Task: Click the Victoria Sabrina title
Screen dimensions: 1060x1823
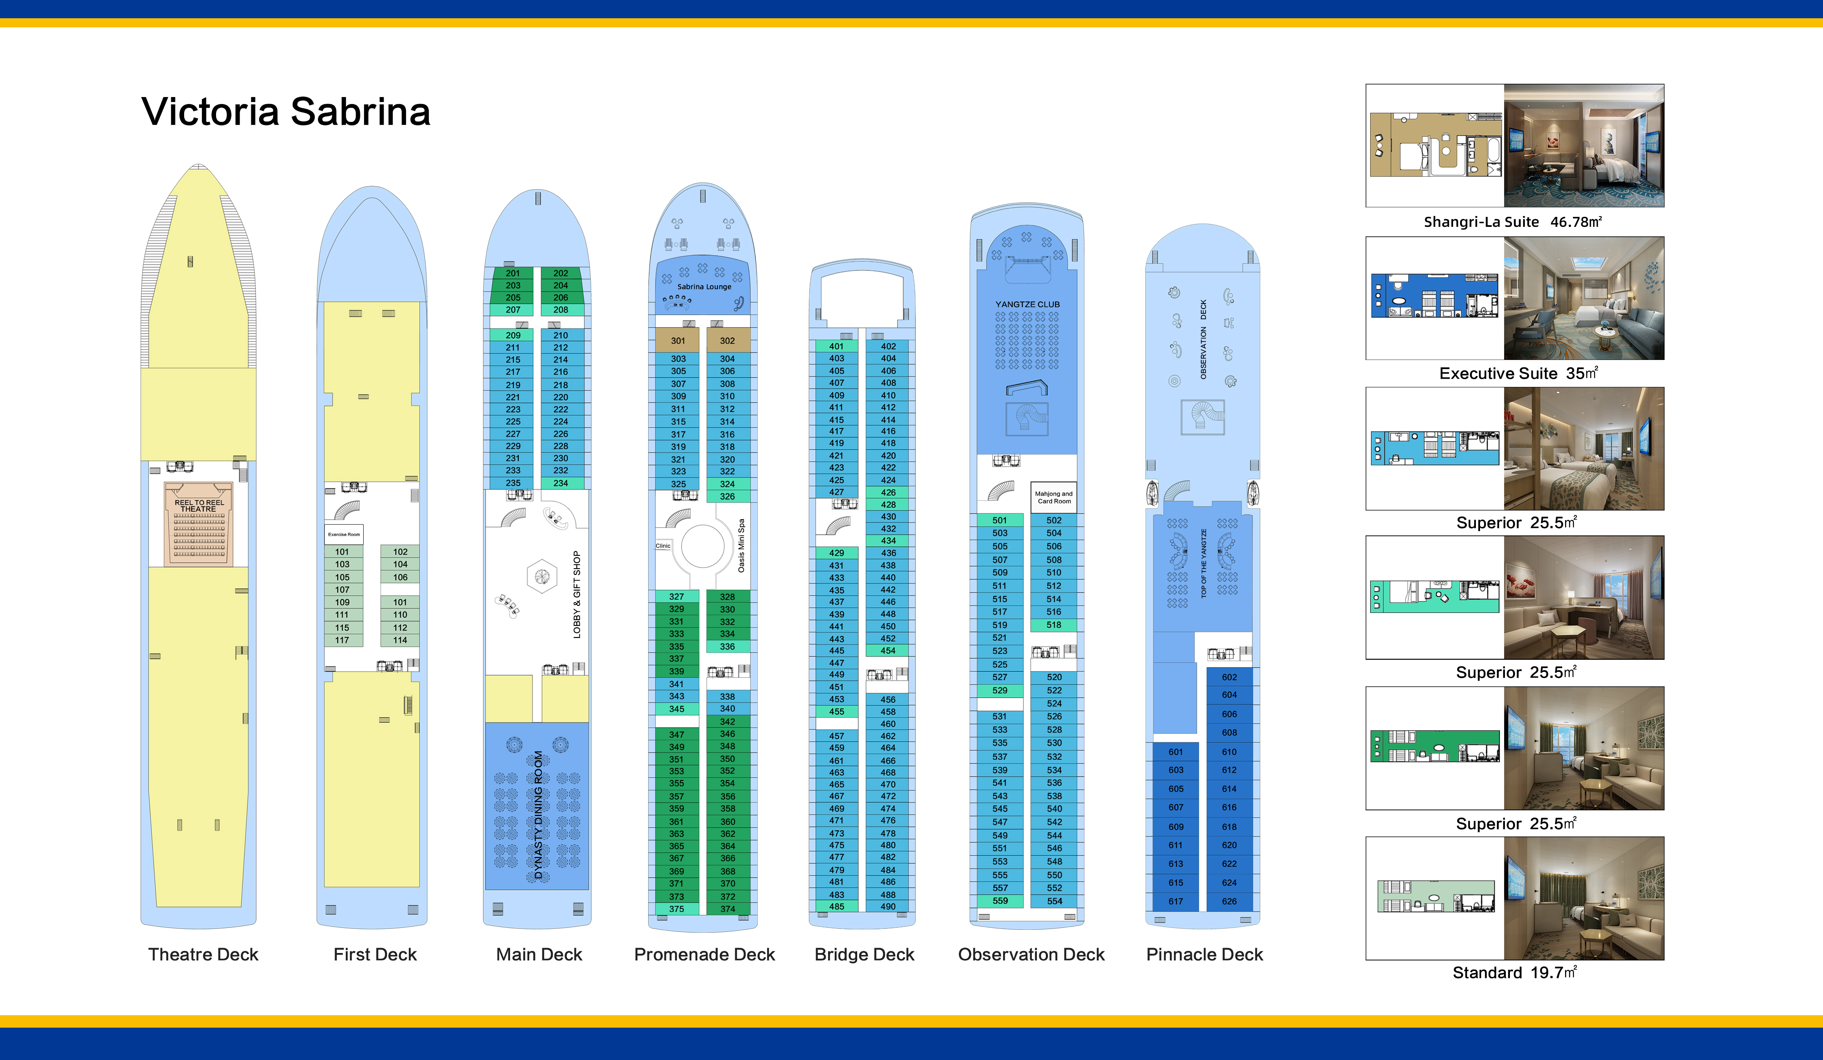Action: [286, 112]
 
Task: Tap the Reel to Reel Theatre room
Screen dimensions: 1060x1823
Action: [199, 525]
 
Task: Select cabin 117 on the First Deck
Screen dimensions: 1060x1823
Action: [342, 640]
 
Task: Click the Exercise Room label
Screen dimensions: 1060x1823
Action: [344, 535]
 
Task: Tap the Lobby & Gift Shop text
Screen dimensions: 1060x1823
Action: [576, 594]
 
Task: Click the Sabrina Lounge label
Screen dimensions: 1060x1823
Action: [704, 287]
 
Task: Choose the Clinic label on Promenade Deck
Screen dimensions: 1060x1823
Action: [663, 546]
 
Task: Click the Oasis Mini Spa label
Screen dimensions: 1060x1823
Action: [741, 546]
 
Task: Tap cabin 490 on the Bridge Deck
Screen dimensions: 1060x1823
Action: [888, 907]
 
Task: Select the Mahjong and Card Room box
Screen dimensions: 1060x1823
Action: [1054, 497]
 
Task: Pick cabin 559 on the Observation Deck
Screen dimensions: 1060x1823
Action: [1000, 901]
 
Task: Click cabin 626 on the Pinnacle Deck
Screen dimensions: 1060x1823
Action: [1229, 902]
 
